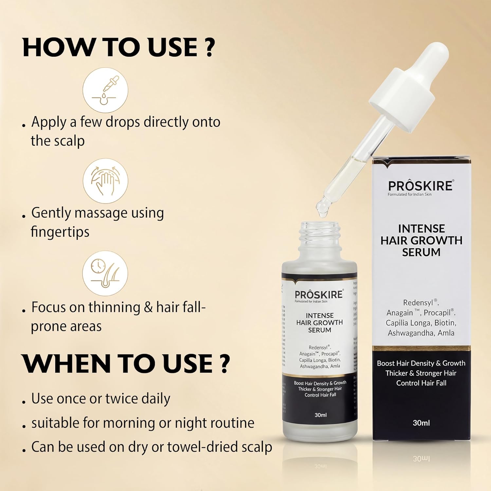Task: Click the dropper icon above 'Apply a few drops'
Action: (105, 90)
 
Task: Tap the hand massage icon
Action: (105, 181)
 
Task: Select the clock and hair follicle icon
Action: (105, 274)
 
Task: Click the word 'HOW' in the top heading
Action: (58, 47)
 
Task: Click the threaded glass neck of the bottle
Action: (319, 234)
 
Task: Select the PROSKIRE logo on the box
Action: (421, 186)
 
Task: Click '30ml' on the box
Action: (421, 423)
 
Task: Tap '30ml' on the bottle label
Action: (320, 415)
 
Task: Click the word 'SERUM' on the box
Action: (421, 252)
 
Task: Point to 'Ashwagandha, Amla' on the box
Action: (421, 333)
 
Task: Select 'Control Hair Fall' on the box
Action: (421, 383)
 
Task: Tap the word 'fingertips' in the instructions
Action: (60, 232)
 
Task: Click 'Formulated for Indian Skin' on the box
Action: (409, 194)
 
